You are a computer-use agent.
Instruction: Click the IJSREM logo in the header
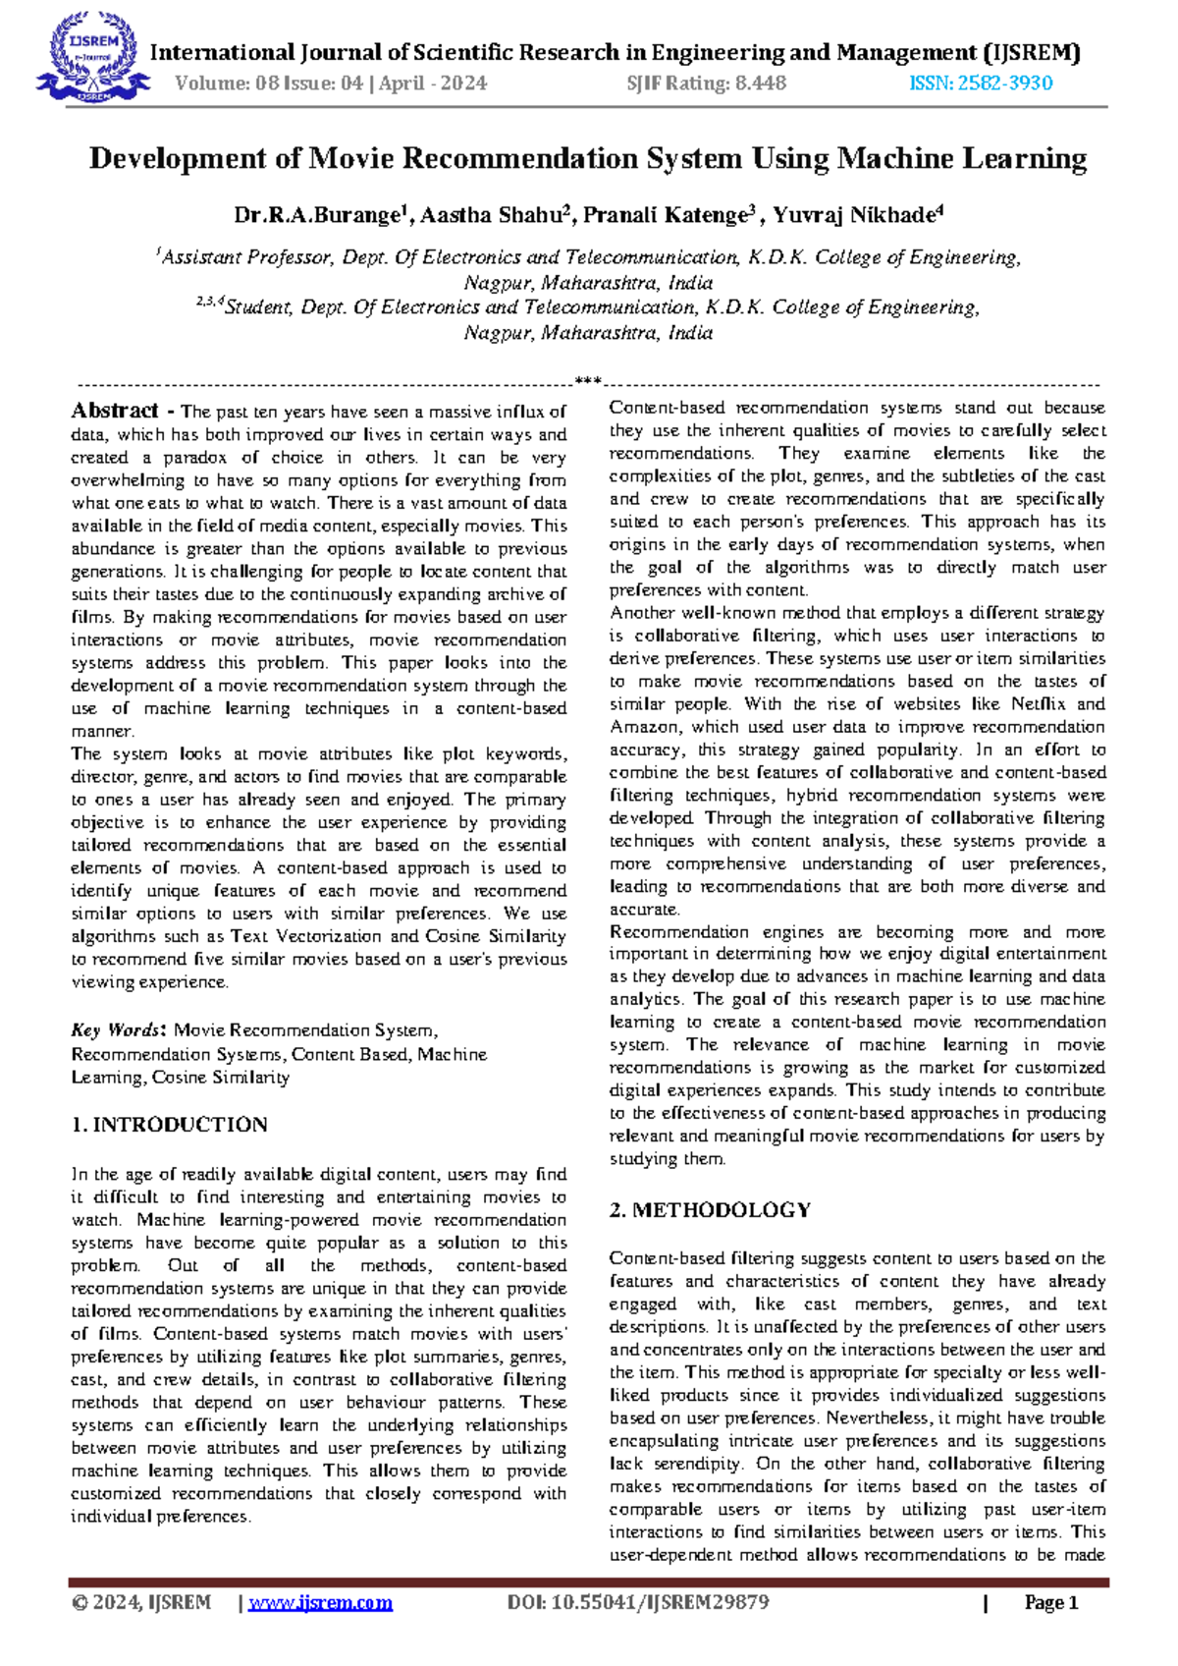click(x=91, y=56)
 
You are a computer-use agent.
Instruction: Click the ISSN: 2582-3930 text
click(x=981, y=83)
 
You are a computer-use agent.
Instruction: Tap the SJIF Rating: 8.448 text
click(x=706, y=83)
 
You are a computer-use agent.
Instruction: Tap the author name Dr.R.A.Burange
click(x=319, y=215)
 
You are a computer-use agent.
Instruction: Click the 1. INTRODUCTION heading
click(x=169, y=1125)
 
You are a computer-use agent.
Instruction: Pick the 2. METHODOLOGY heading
click(x=710, y=1210)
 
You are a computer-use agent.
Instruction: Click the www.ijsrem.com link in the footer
click(x=320, y=1603)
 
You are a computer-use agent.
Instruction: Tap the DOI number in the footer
click(x=638, y=1603)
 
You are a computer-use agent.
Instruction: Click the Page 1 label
click(x=1050, y=1603)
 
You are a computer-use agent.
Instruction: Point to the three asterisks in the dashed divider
click(x=587, y=381)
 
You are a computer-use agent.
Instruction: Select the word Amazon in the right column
click(x=644, y=727)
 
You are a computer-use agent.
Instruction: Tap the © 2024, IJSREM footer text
click(x=142, y=1603)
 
